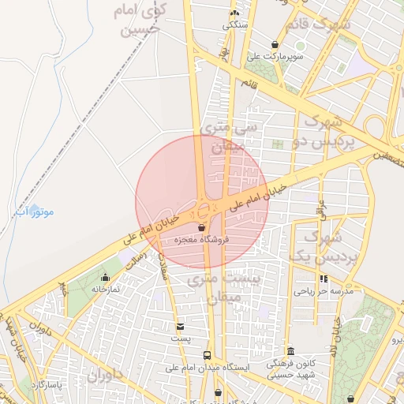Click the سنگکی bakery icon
(234, 13)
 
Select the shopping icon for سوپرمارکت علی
(274, 44)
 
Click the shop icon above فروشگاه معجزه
(201, 228)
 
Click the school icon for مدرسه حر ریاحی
(324, 279)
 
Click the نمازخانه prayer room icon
(105, 277)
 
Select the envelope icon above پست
(181, 326)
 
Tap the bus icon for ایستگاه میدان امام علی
(207, 356)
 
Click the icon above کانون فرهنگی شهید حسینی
(290, 351)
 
